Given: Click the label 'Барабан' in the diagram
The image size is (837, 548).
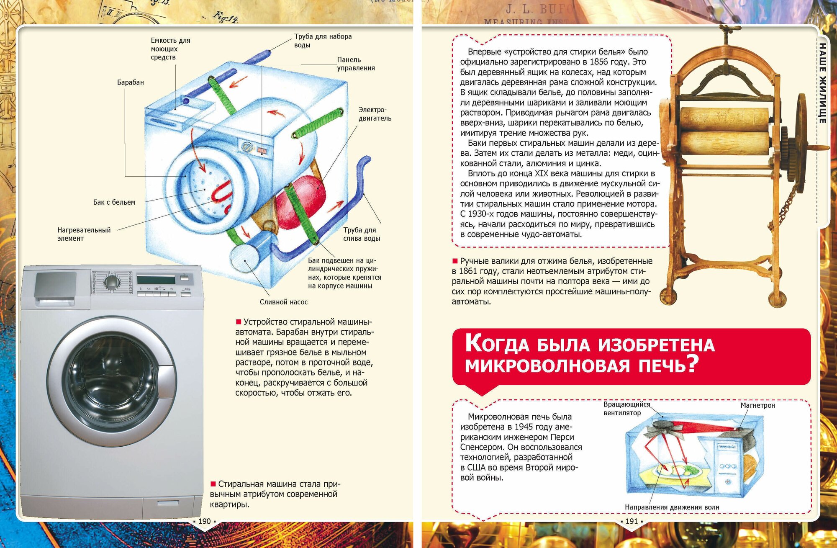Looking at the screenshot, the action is pos(130,82).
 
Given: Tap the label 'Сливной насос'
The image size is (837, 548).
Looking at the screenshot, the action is pos(283,302).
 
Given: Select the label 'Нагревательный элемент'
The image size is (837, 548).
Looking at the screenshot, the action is pos(84,234).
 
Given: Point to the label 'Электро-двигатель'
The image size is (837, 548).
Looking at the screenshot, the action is pos(375,114).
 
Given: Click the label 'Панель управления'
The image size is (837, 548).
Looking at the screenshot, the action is pos(356,64).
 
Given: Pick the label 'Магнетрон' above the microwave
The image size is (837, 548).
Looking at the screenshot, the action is pos(757,405).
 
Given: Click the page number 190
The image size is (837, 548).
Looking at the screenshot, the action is pos(204,521).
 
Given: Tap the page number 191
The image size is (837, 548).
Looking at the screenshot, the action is pos(632,521).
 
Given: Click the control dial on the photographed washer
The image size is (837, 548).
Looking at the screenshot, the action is pos(111,282).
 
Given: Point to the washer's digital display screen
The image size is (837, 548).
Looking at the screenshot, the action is pos(156,280).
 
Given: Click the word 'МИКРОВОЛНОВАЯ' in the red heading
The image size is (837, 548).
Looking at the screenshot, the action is pos(547,365).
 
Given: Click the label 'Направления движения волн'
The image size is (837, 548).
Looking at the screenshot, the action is pos(672,507).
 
